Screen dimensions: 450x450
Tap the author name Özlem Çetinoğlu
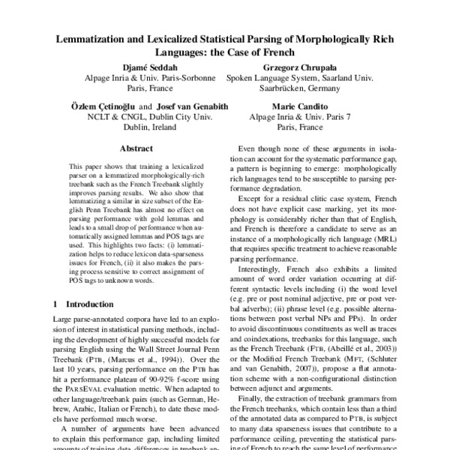(104, 106)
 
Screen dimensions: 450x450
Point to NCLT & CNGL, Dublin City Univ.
(147, 118)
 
